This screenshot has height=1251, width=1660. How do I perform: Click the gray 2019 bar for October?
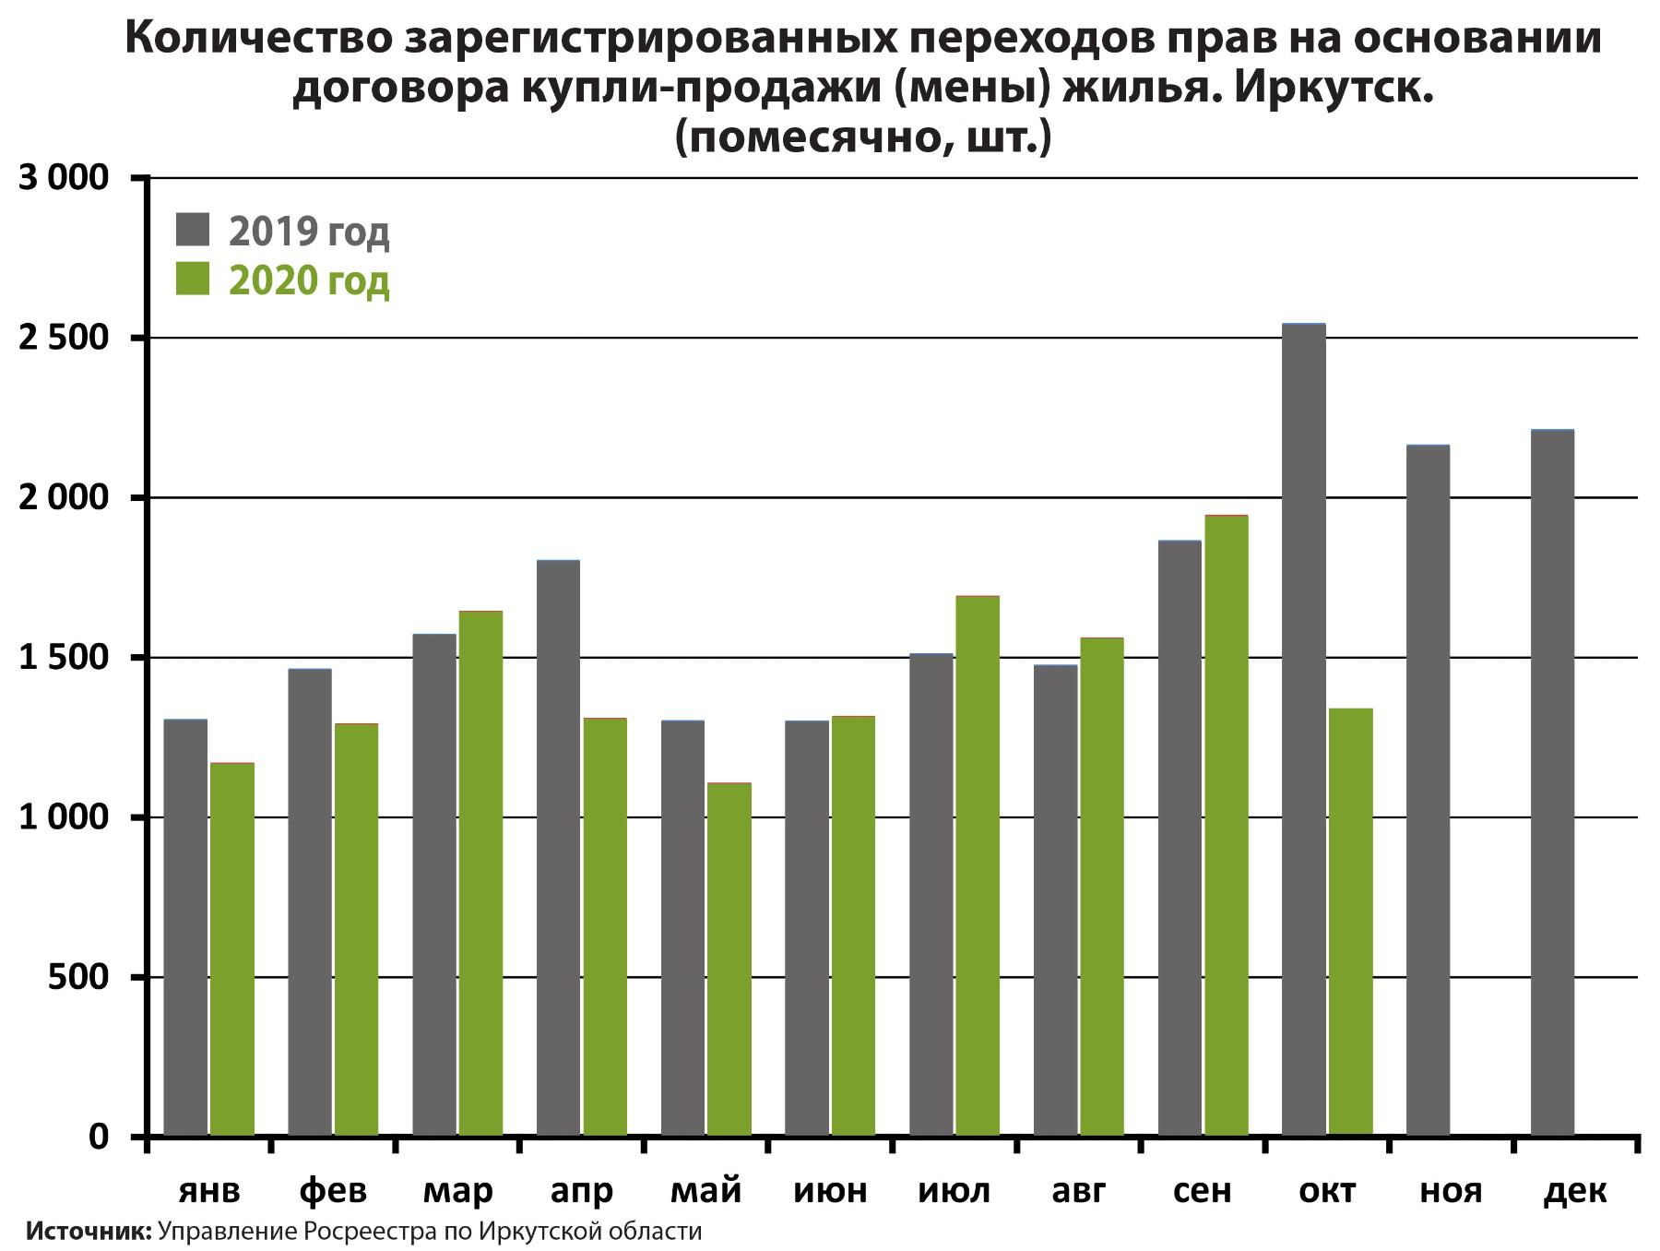coord(1304,729)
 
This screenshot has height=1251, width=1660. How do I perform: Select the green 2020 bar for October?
coord(1351,923)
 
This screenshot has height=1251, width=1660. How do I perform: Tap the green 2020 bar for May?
coord(729,959)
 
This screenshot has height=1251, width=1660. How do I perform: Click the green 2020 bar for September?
coord(1227,826)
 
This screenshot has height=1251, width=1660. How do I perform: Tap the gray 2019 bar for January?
coord(185,927)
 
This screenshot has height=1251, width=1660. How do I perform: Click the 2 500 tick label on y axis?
coord(63,338)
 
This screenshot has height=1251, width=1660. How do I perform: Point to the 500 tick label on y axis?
coord(77,977)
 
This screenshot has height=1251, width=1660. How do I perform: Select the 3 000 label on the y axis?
coord(63,178)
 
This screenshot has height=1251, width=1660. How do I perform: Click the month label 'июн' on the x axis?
coord(830,1191)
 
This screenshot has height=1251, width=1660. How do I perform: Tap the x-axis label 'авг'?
coord(1078,1191)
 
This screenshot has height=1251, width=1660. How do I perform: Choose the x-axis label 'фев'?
coord(333,1191)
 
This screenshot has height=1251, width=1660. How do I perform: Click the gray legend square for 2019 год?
coord(193,230)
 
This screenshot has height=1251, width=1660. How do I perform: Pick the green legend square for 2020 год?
coord(193,279)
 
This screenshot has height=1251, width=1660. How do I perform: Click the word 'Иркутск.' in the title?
coord(1331,89)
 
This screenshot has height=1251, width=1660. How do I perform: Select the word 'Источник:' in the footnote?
coord(89,1232)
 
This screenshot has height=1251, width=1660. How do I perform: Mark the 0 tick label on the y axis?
coord(98,1137)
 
